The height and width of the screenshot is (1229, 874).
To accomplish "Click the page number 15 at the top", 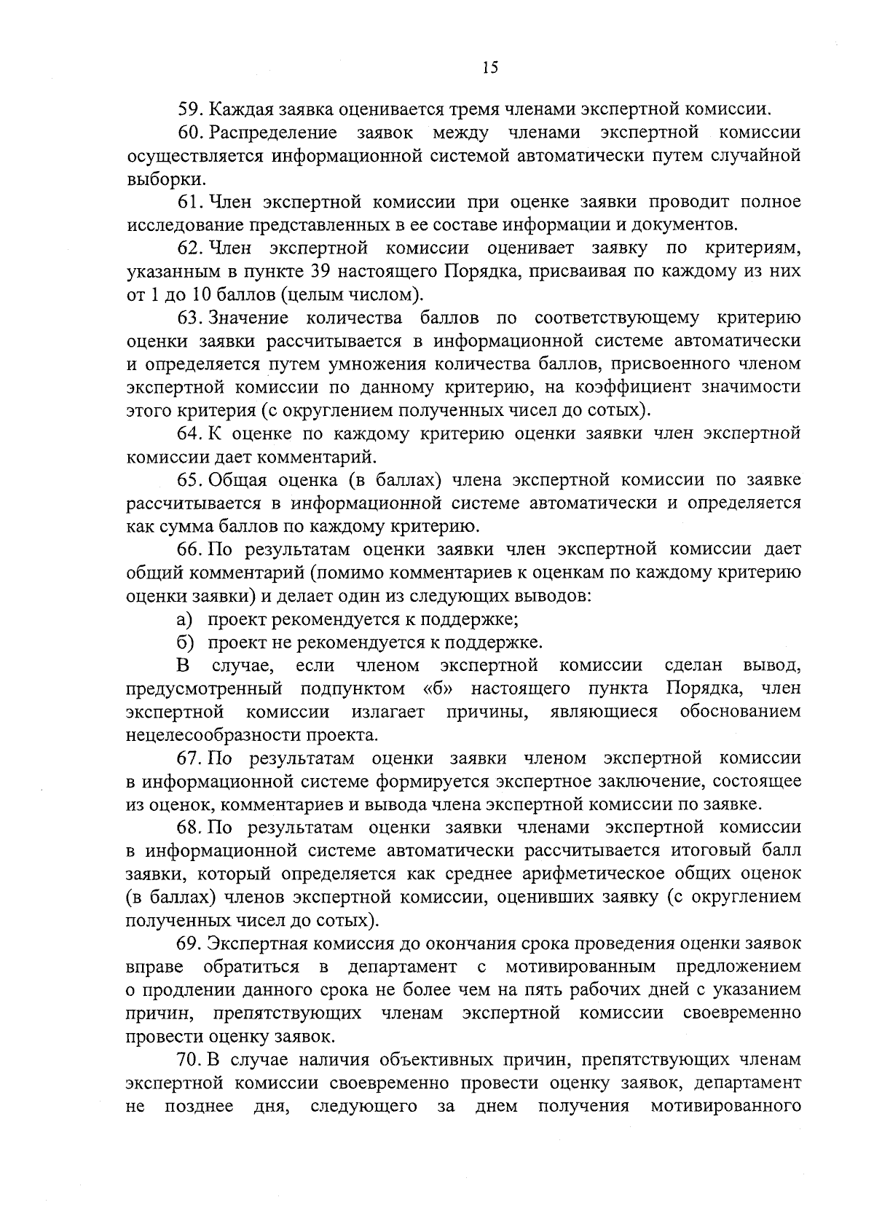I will click(490, 68).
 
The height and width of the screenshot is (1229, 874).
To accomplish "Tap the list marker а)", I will click(184, 619).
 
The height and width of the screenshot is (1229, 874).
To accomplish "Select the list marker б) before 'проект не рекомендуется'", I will click(184, 643).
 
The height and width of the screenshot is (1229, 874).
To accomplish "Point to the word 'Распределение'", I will click(272, 133).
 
